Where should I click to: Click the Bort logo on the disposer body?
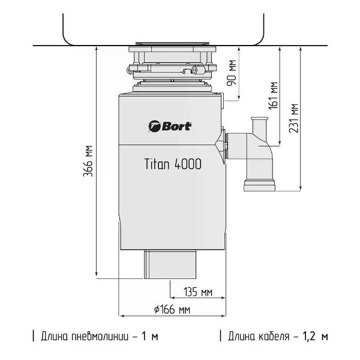170,126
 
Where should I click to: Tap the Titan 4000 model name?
173,164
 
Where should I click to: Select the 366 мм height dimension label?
88,161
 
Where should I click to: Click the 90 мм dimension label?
232,73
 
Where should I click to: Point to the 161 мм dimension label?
273,95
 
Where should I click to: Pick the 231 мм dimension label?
294,118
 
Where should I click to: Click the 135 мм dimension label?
198,292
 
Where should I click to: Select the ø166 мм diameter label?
172,310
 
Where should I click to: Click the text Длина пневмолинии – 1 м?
100,337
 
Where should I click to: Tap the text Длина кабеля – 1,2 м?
278,337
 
